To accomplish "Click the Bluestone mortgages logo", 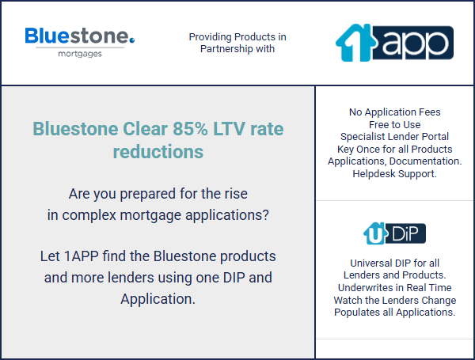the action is [80, 42].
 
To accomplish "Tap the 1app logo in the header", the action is [394, 43].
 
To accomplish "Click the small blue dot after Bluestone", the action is [131, 40].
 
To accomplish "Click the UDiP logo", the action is [394, 233].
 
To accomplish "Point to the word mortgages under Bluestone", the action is [80, 54].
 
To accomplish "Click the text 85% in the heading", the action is [190, 129].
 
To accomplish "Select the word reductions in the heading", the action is [158, 151].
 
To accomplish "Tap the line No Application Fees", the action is [395, 112].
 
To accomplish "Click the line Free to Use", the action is [395, 124].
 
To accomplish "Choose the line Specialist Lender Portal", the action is [394, 137].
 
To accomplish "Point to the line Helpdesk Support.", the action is [394, 174].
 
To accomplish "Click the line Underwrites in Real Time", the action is [395, 287].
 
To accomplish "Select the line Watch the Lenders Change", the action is [395, 300].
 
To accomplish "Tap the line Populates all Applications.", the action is [395, 313].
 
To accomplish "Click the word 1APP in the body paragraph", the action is [82, 256].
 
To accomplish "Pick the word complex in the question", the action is [89, 215].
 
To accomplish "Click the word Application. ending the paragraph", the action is [158, 299].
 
